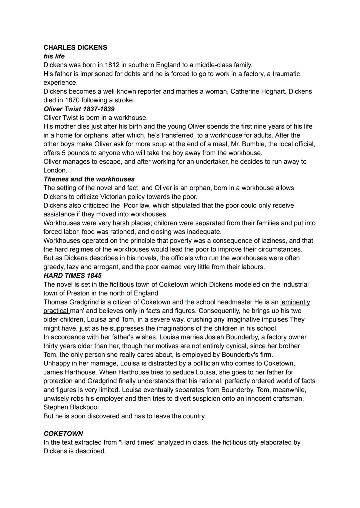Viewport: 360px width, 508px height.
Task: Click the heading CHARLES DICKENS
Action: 75,48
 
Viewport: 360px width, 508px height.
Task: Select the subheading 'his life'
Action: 54,56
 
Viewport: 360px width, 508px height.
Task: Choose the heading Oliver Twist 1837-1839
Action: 79,109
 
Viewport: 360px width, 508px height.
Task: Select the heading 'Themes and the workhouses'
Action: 89,179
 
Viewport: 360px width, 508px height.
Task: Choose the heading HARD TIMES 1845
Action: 73,275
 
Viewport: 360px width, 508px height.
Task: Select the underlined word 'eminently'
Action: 295,302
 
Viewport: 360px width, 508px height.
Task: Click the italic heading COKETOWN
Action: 63,434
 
